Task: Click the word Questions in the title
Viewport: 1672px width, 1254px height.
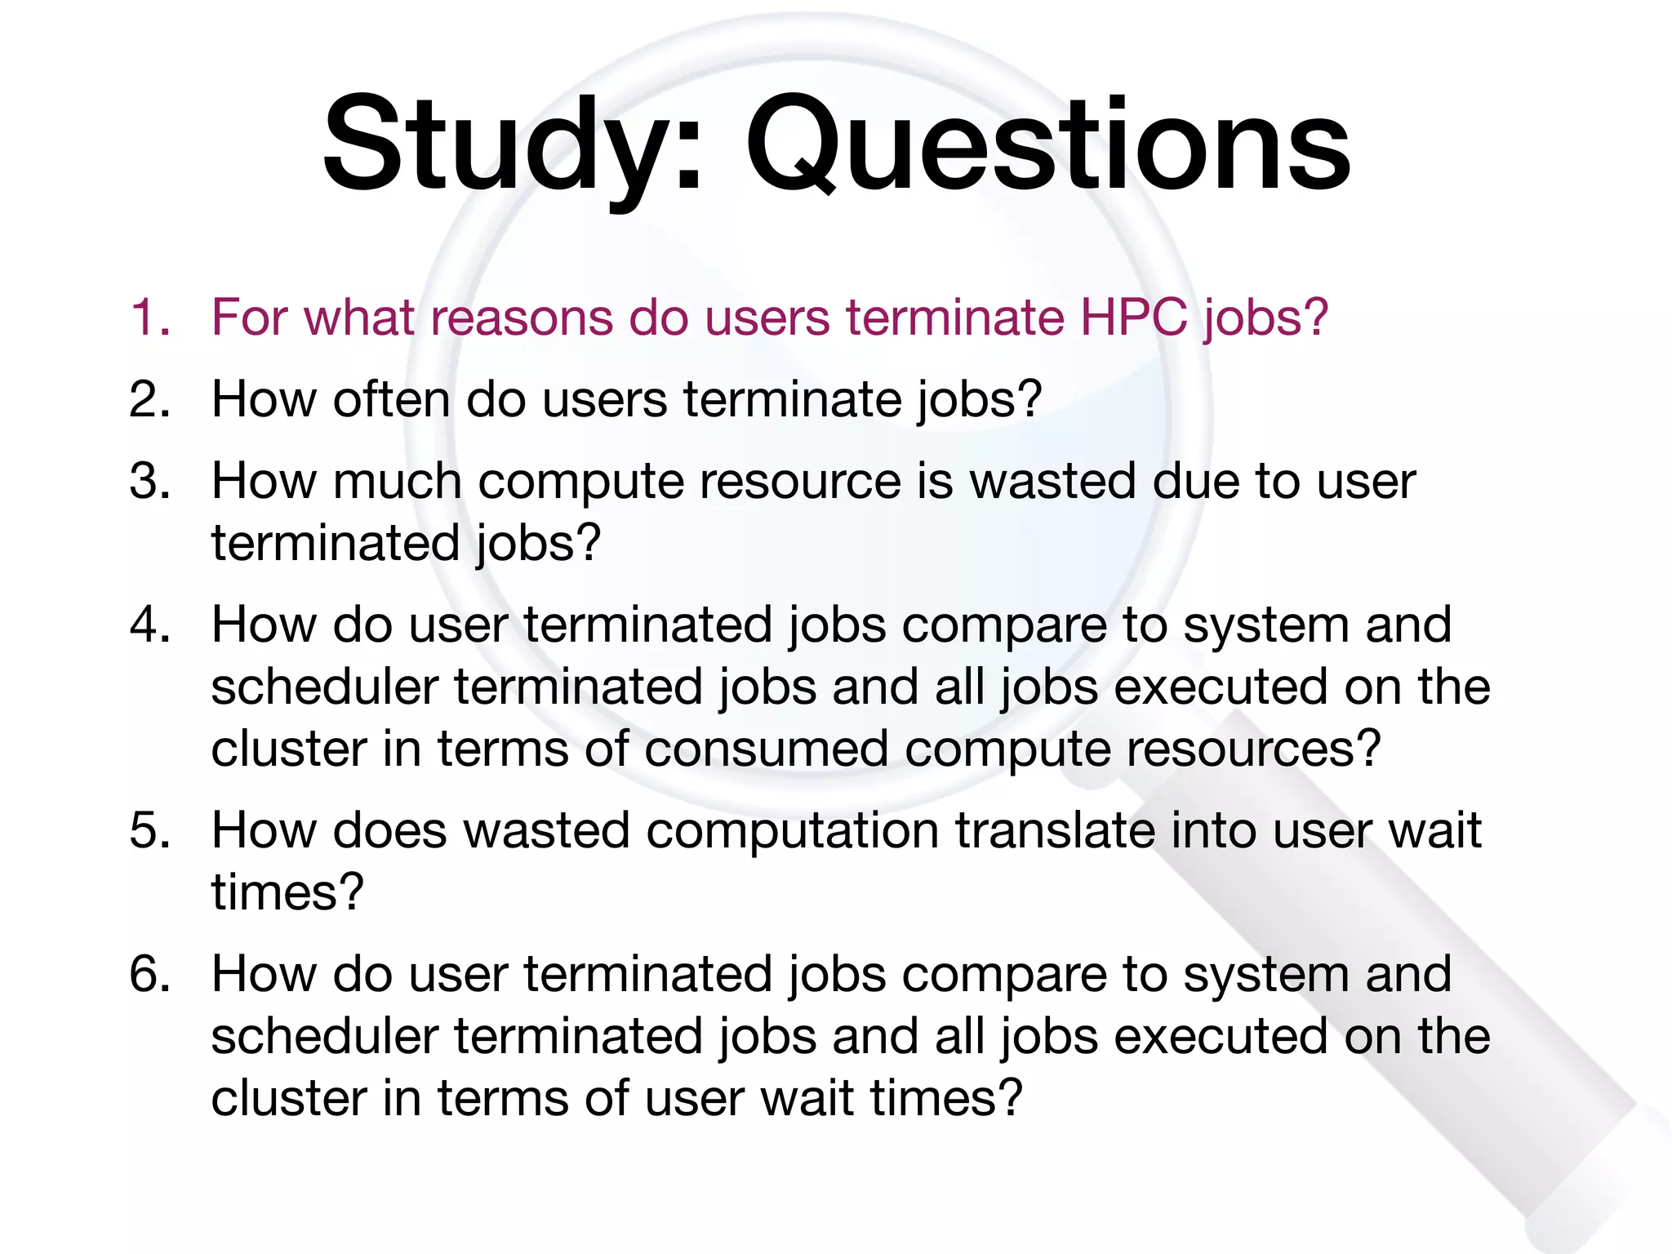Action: point(1048,147)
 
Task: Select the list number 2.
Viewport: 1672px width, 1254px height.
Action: point(149,399)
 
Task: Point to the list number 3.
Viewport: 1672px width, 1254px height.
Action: point(149,481)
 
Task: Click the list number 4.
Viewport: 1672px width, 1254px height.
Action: point(149,625)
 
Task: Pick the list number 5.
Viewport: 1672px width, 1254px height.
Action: point(149,830)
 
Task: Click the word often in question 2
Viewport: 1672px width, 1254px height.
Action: point(391,399)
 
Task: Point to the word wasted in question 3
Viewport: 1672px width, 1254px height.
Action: point(1052,481)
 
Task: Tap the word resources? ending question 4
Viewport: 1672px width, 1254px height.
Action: point(1253,749)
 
